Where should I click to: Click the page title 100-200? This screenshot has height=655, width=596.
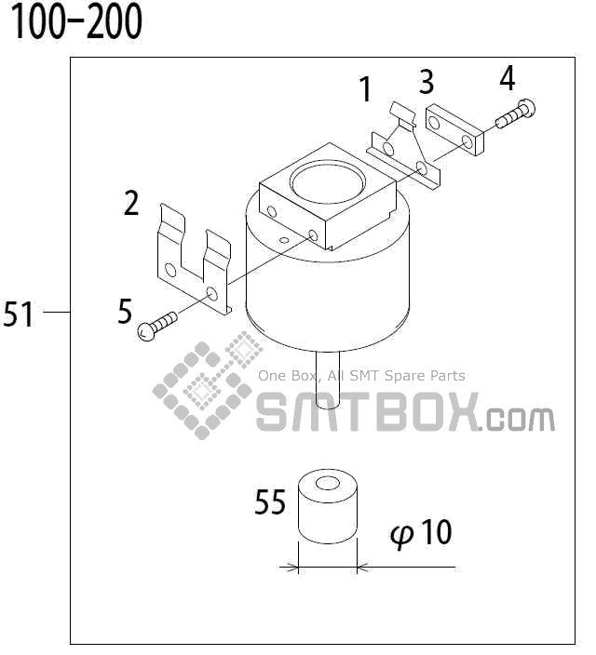click(76, 22)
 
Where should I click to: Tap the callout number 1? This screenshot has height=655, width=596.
click(366, 90)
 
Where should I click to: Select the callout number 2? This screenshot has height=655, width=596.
click(132, 203)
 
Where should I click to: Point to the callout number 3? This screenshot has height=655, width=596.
click(426, 82)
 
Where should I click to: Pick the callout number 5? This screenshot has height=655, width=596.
click(126, 311)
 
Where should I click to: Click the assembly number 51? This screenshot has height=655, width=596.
click(19, 314)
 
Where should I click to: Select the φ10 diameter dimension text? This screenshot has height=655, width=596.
click(422, 533)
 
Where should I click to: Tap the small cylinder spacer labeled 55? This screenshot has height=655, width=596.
click(328, 508)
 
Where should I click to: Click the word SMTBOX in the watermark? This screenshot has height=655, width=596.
click(368, 413)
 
